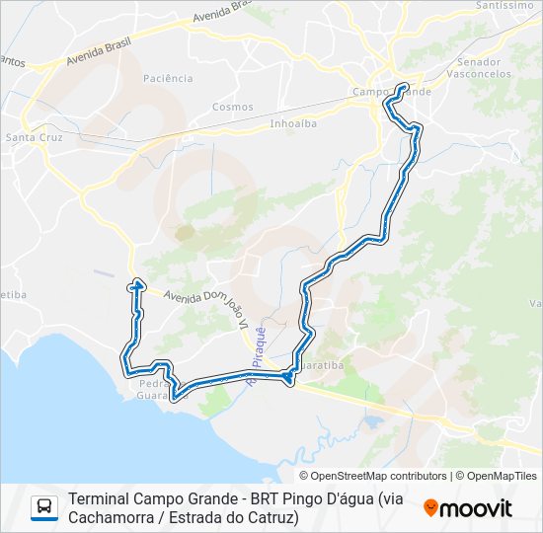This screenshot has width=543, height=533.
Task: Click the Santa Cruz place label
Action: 35,137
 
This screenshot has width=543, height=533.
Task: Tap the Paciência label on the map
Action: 168,78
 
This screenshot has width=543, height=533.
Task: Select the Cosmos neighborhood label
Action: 233,107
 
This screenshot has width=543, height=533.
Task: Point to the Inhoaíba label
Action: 292,124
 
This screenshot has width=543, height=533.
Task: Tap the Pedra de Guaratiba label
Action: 154,389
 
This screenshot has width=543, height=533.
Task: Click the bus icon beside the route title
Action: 44,507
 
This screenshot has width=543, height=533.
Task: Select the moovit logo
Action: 468,508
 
